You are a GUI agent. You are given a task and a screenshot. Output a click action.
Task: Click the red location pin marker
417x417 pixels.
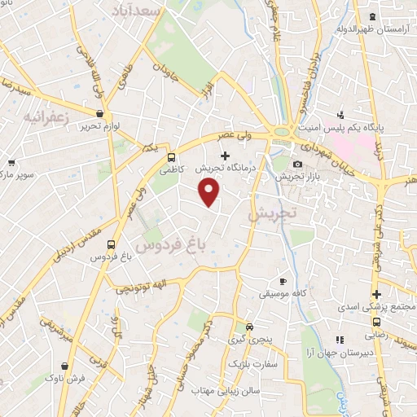210,192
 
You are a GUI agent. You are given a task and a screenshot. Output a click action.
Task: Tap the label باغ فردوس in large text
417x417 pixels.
171,243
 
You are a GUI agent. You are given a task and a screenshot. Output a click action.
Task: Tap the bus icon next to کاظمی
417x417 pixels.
171,157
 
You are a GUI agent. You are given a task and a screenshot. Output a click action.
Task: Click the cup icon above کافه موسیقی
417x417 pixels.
283,280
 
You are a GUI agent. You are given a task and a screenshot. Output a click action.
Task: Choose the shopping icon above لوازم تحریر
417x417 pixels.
99,114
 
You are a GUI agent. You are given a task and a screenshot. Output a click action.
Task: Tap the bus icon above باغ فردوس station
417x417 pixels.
111,244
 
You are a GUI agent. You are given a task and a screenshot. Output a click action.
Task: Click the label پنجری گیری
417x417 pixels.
247,336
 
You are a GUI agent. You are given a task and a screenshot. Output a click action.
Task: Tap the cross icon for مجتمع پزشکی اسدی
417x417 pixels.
375,294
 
